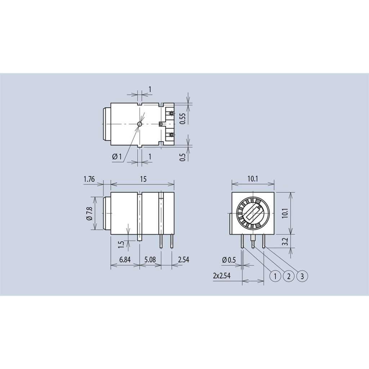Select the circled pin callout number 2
289,276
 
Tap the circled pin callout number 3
302,276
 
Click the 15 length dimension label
143,179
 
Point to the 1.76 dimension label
89,179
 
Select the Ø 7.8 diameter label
89,213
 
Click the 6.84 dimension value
125,260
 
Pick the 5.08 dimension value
150,260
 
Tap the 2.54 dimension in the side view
183,260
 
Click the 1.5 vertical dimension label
121,245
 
